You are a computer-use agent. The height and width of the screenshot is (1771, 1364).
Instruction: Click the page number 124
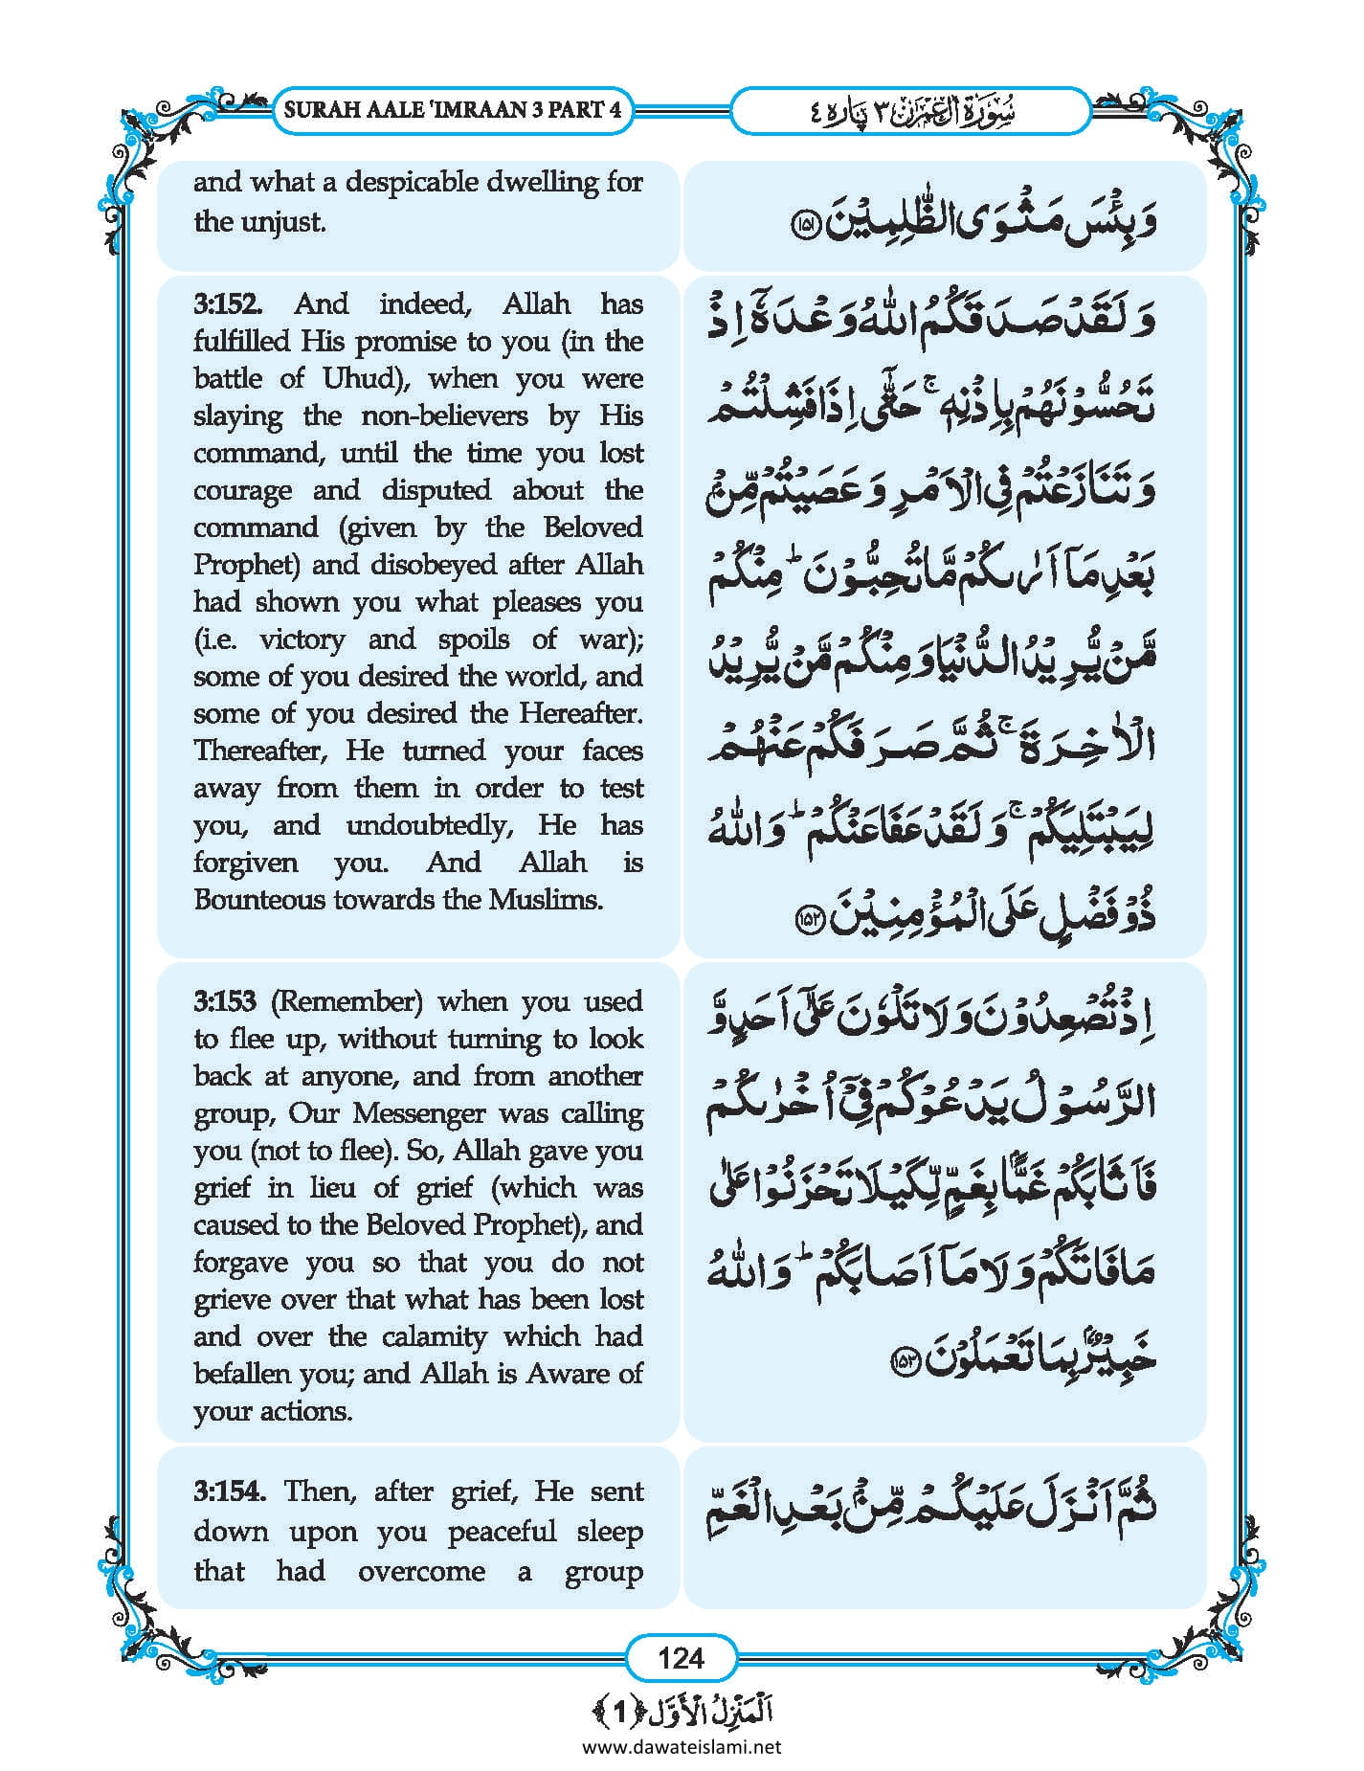pyautogui.click(x=681, y=1657)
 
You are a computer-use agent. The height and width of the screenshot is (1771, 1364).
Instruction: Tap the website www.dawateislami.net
pyautogui.click(x=682, y=1746)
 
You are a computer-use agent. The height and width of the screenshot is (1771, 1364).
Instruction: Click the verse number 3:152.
pyautogui.click(x=226, y=304)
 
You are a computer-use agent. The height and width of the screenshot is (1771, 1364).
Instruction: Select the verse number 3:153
pyautogui.click(x=225, y=1001)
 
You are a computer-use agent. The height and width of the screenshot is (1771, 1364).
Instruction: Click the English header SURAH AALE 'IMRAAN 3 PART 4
pyautogui.click(x=453, y=109)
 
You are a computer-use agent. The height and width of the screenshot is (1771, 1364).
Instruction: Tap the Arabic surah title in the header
pyautogui.click(x=909, y=111)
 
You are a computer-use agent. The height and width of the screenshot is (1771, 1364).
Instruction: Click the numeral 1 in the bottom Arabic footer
pyautogui.click(x=620, y=1711)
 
